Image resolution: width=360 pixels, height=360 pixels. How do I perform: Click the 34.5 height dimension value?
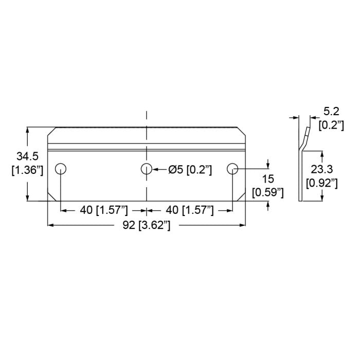pyautogui.click(x=27, y=156)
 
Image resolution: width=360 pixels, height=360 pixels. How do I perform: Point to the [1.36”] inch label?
pyautogui.click(x=27, y=170)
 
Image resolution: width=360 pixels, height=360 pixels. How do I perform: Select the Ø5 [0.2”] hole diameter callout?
pyautogui.click(x=190, y=170)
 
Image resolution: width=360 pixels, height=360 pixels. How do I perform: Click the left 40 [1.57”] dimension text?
pyautogui.click(x=104, y=210)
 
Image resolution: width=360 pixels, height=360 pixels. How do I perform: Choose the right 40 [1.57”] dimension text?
pyautogui.click(x=190, y=210)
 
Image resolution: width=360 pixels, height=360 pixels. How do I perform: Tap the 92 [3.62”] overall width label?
pyautogui.click(x=147, y=225)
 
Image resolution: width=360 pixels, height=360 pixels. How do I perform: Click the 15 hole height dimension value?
pyautogui.click(x=268, y=179)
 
